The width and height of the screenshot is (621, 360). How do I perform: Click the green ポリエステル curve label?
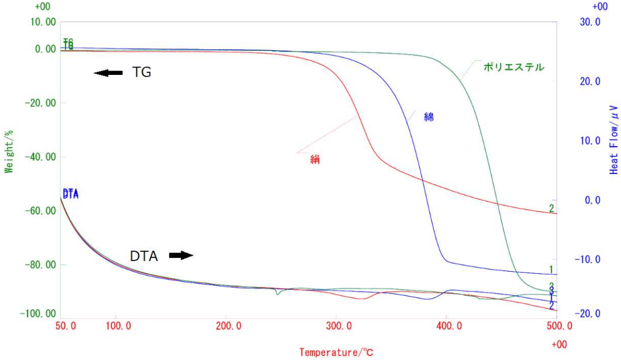513,67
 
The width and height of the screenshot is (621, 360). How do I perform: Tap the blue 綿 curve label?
428,117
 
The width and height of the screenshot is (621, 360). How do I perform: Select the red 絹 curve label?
315,159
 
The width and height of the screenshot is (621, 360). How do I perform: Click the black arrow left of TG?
109,73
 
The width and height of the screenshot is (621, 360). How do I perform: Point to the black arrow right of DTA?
181,256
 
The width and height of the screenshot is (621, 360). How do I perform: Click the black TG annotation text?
142,73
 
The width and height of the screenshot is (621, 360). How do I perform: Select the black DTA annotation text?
144,256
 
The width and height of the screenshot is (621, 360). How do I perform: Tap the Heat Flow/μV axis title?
614,140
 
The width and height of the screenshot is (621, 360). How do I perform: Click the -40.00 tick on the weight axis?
41,157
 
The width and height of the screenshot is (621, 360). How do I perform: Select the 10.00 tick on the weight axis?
44,22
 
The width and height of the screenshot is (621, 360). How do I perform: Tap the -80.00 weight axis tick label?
41,265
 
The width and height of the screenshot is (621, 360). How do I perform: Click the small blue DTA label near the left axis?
71,194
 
